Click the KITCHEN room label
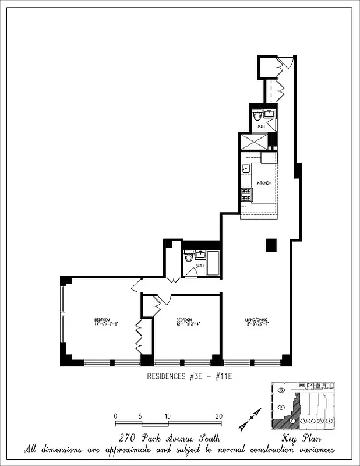[264, 183]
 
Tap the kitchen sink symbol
[246, 169]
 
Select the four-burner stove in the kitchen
[246, 195]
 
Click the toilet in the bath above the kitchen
[257, 115]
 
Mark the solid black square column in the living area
[271, 245]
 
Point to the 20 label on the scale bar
[218, 416]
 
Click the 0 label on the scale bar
[116, 416]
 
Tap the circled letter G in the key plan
[281, 389]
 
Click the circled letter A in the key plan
[330, 421]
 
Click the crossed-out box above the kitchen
[253, 142]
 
